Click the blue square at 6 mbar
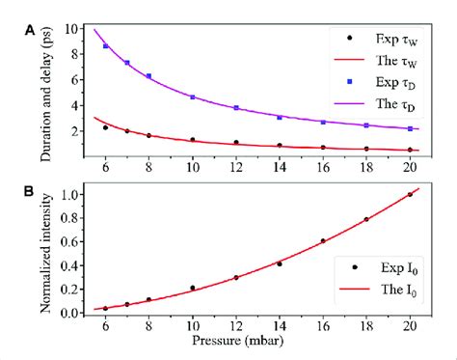pos(105,46)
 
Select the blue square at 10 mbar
pos(193,97)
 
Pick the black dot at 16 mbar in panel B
pos(323,240)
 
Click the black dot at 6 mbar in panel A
pos(105,127)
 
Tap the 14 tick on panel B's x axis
pos(280,326)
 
